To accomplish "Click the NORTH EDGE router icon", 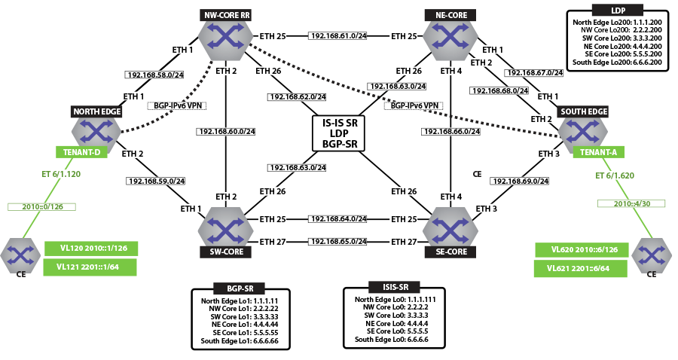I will [x=96, y=131].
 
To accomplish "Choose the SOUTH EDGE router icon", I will [x=582, y=131].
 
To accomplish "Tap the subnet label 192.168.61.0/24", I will [x=337, y=35].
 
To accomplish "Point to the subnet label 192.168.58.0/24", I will [x=154, y=75].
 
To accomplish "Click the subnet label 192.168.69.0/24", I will [x=519, y=181].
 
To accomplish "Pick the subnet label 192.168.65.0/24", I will [x=337, y=242].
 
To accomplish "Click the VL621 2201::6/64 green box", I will [x=582, y=267].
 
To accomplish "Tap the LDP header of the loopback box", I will [x=618, y=10].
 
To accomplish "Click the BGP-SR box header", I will [x=240, y=289].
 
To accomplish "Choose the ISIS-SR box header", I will [x=389, y=287].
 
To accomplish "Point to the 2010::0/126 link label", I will [x=41, y=206].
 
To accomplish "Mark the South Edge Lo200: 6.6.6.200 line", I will [x=618, y=63].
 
